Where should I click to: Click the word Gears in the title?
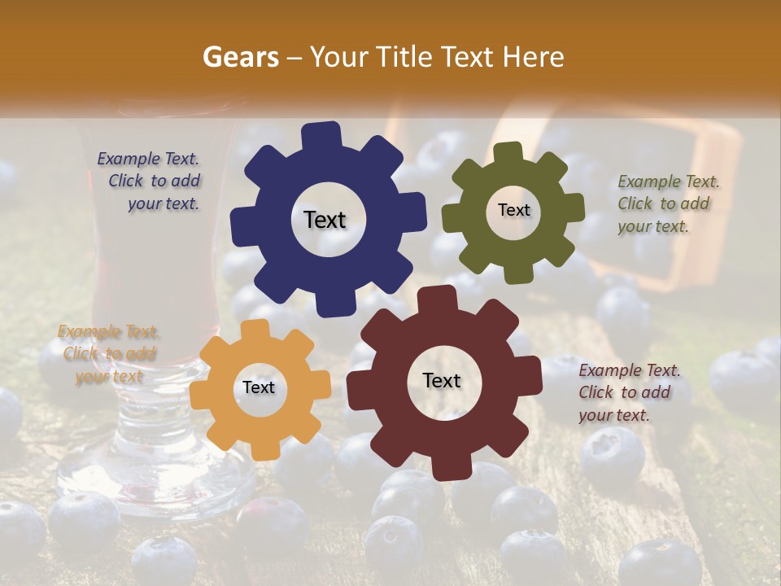coord(240,57)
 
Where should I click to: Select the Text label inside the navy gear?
coord(325,220)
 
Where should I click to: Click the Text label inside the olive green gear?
coord(513,210)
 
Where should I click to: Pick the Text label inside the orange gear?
coord(259,387)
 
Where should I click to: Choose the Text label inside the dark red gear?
coord(442,380)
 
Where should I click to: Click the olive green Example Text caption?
coord(667,203)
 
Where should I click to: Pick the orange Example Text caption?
coord(108,354)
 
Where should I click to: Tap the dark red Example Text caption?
coord(628,392)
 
